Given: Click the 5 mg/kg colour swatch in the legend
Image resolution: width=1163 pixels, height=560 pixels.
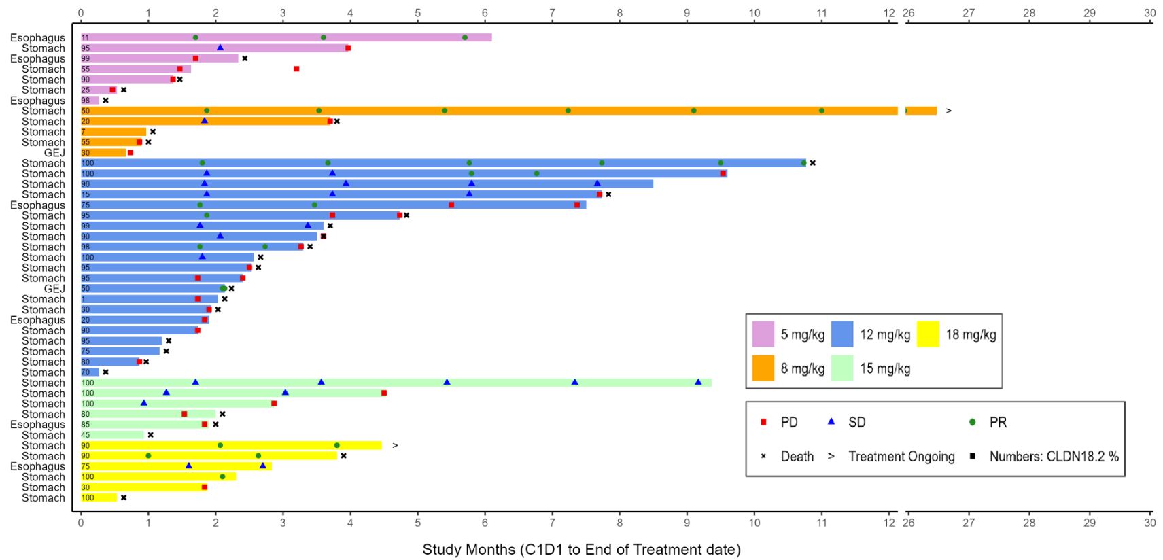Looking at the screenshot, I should [x=763, y=334].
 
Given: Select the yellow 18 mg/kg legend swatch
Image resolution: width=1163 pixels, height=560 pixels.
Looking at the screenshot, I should [x=928, y=334].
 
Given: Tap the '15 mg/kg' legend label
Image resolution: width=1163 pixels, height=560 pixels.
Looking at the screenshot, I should [x=885, y=368].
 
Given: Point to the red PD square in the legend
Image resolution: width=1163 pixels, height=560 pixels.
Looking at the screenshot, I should [x=763, y=422].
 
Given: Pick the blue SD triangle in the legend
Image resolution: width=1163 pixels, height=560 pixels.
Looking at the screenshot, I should [x=831, y=422].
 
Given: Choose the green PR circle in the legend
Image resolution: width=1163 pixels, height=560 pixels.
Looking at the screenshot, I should [x=972, y=422].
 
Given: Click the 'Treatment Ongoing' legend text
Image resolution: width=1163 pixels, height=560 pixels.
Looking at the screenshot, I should [x=901, y=457].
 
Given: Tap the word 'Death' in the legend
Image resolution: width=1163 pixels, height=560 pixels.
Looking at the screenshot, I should [x=797, y=457].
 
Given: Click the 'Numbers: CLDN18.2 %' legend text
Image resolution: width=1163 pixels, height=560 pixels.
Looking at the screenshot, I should [x=1054, y=457].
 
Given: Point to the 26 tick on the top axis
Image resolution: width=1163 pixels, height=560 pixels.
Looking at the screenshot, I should [x=908, y=13].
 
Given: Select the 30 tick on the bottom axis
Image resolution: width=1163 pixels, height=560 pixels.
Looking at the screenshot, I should [x=1149, y=523].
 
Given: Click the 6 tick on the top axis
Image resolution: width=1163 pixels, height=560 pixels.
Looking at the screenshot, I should [x=485, y=13].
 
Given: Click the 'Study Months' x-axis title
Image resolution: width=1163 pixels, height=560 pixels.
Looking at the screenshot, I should [x=581, y=549].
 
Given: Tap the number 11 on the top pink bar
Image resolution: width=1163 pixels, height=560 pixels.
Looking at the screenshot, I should [x=85, y=38].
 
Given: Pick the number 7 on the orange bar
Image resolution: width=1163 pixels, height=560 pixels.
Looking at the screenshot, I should [x=84, y=132].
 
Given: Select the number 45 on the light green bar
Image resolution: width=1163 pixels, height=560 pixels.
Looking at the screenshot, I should [x=86, y=435].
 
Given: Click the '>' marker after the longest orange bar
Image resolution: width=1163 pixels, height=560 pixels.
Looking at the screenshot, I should [x=948, y=111].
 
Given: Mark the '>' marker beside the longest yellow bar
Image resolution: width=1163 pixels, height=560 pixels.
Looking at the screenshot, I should [x=395, y=446].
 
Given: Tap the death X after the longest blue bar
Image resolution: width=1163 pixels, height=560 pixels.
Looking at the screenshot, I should [x=812, y=163].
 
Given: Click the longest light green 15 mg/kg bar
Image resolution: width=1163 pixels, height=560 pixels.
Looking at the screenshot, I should [x=394, y=383].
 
